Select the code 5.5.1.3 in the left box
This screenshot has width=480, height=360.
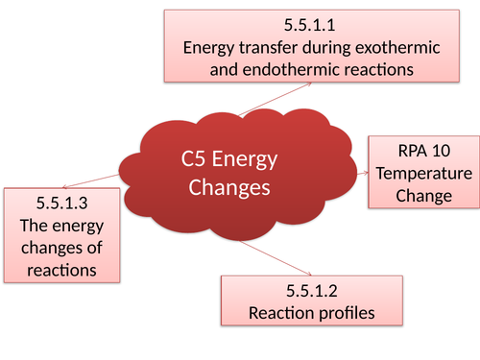tap(61, 204)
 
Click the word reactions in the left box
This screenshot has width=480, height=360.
tap(61, 270)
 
